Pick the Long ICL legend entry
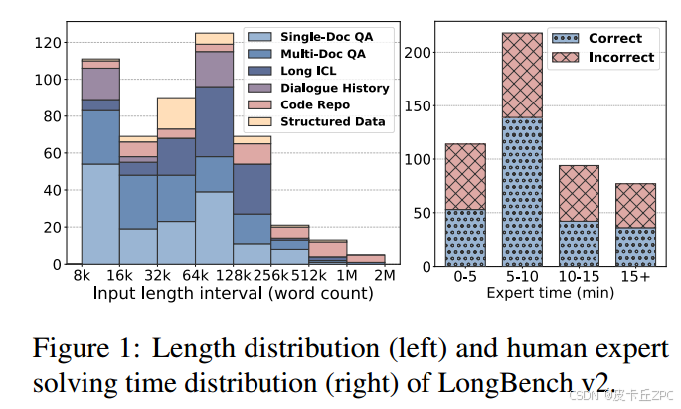point(313,71)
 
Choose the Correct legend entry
point(615,39)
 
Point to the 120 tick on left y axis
point(46,43)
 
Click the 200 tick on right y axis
point(420,51)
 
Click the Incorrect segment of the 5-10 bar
point(523,75)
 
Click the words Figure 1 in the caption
point(82,350)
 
